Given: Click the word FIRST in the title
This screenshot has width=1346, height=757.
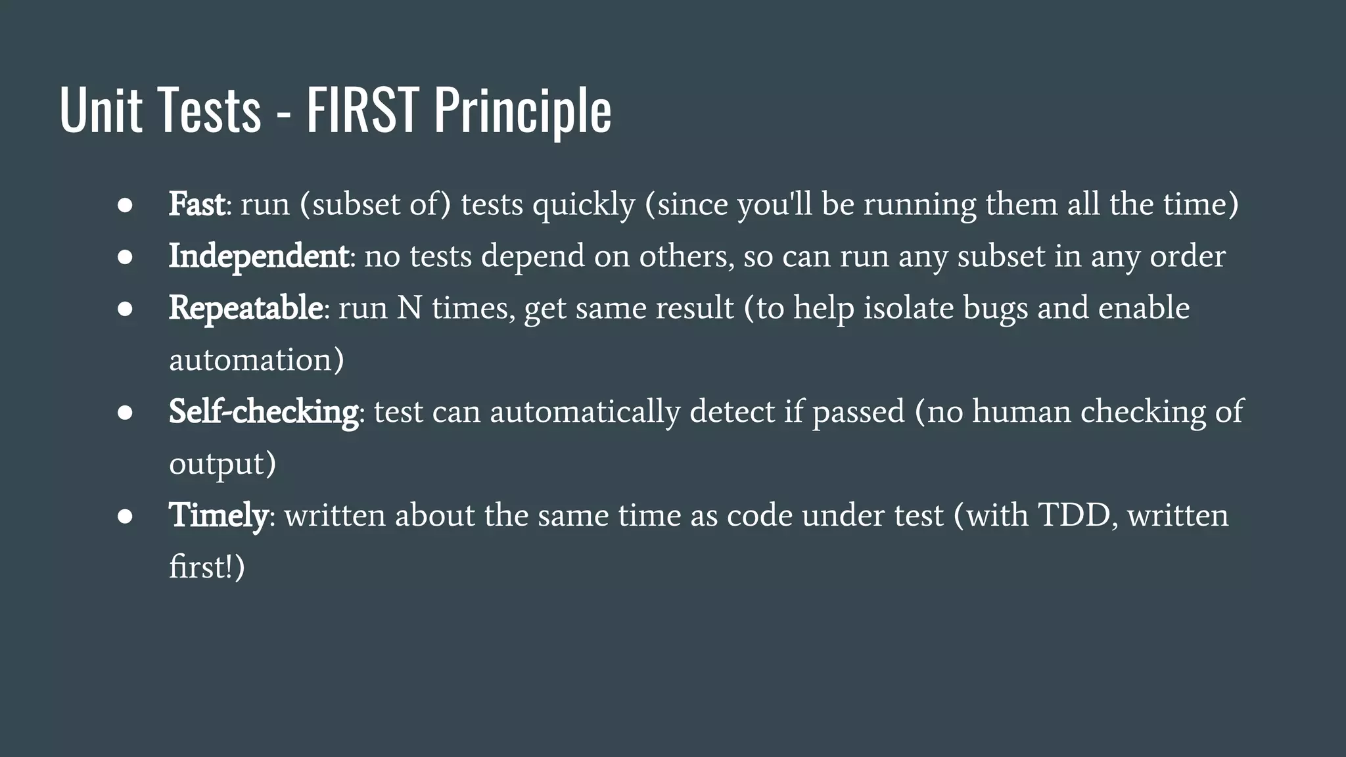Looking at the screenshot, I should coord(362,110).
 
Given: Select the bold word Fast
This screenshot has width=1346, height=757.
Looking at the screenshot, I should coord(197,204).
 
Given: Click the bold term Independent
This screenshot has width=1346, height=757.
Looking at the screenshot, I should coord(258,256).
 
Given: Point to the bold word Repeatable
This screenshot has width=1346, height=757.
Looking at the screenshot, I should coord(245,308).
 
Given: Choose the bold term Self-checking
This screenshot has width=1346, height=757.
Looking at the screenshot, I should coord(264,412).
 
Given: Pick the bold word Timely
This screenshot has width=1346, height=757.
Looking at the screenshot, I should coord(218,515).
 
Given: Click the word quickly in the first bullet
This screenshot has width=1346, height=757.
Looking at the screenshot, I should coord(584,205).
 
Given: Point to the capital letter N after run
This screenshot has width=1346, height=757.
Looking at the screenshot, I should coord(409,308).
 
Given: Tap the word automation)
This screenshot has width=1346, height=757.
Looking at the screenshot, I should coord(256,360).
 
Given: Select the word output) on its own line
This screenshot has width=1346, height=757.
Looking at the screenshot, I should coord(222,464).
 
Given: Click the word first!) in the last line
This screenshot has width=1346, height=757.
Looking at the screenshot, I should coord(206,567).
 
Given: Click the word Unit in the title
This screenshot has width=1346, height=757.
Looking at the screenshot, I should coord(101,110).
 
